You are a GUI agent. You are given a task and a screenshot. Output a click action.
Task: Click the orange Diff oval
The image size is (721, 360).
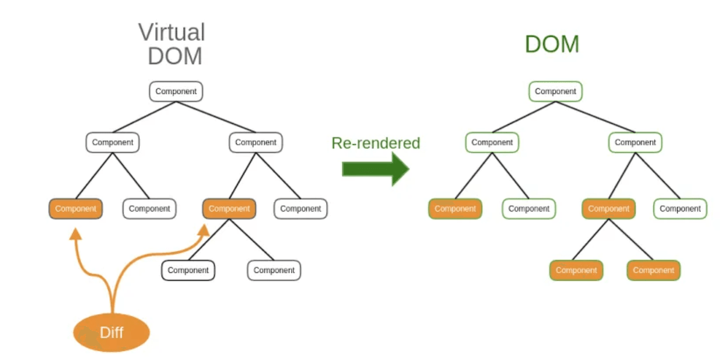tap(111, 332)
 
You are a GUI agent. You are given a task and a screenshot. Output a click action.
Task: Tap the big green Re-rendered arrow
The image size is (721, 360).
tap(375, 169)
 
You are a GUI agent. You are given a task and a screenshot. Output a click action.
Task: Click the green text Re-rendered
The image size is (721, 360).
tap(375, 143)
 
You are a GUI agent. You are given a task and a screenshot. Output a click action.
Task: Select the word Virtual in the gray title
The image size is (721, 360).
tap(172, 32)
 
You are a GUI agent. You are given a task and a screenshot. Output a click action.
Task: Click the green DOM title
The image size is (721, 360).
tap(552, 44)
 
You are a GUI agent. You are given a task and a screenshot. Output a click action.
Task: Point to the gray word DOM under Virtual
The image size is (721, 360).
tap(175, 56)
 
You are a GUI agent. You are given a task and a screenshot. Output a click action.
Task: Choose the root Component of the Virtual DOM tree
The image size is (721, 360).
tap(176, 91)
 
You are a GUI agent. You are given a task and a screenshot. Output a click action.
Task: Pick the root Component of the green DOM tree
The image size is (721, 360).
tap(555, 91)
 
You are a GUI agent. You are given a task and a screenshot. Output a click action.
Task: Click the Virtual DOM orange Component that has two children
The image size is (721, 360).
tap(229, 209)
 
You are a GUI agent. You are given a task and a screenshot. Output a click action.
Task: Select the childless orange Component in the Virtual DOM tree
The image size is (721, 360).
tap(76, 209)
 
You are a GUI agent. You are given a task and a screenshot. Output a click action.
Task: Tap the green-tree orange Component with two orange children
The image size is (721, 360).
tap(609, 209)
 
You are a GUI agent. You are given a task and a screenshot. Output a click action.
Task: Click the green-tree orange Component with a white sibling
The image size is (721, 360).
tap(455, 209)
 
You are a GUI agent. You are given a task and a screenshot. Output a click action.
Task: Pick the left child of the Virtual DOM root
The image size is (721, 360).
tap(112, 142)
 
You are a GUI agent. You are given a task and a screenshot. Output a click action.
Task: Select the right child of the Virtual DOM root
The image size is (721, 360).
tap(256, 142)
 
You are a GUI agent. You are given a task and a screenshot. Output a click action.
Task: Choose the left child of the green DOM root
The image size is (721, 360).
tap(492, 142)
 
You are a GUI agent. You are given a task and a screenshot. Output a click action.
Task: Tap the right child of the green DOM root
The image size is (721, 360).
tap(635, 142)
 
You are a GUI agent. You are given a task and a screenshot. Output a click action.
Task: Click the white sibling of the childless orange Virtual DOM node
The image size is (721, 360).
tap(150, 209)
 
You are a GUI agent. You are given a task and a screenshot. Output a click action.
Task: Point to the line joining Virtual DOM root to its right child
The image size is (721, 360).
tap(216, 117)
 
